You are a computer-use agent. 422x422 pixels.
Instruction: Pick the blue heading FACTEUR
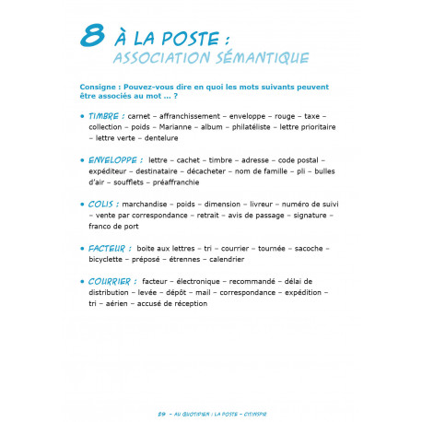point(110,248)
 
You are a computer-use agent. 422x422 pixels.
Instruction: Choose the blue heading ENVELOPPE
point(114,159)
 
